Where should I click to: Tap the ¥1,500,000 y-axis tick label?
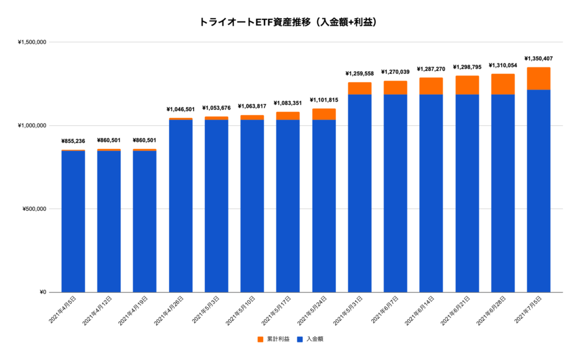point(32,43)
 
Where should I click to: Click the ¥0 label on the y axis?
point(42,292)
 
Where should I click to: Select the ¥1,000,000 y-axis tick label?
point(32,126)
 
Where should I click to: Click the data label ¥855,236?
point(73,141)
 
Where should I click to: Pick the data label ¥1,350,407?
point(538,58)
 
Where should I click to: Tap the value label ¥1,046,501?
point(180,109)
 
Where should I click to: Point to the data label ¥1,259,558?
point(360,74)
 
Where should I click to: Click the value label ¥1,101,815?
point(324,100)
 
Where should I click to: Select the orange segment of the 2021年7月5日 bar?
point(538,78)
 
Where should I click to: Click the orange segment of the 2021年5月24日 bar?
point(324,114)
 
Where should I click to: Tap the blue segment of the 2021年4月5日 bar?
point(73,221)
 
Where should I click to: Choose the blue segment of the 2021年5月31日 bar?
point(360,193)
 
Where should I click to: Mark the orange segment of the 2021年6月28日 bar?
point(503,84)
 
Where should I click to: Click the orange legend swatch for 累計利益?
point(260,339)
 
